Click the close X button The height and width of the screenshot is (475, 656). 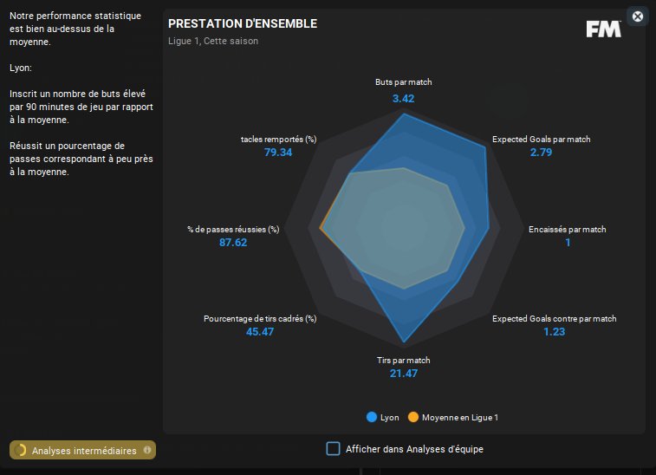[x=638, y=16]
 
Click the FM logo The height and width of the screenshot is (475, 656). [x=603, y=29]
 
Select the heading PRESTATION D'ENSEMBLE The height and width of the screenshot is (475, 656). [x=243, y=23]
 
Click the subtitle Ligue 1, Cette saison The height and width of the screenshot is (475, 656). [x=213, y=41]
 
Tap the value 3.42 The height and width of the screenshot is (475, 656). [x=404, y=99]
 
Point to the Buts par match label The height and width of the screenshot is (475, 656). [x=404, y=82]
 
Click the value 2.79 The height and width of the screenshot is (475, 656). [x=541, y=153]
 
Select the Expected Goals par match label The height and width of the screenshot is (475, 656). [x=541, y=139]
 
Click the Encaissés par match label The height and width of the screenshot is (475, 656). [x=568, y=230]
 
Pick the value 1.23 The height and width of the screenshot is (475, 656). [x=555, y=332]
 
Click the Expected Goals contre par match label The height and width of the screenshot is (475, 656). [x=555, y=319]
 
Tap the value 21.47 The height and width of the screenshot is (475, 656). [x=404, y=374]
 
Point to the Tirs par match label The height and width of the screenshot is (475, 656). [x=404, y=361]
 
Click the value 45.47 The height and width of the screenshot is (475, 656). [x=260, y=332]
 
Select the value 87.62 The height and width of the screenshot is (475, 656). [x=233, y=243]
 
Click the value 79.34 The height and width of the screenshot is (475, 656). [x=278, y=153]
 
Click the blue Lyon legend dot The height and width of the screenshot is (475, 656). [x=372, y=417]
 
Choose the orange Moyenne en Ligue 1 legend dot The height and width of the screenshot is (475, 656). [x=413, y=417]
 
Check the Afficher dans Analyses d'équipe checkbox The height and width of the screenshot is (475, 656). [x=333, y=448]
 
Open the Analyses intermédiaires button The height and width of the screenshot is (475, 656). [x=83, y=450]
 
